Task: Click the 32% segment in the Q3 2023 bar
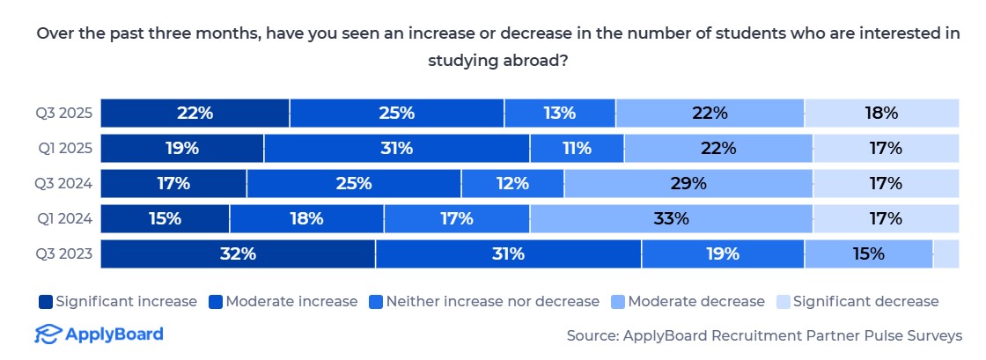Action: coord(238,253)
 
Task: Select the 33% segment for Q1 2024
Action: coord(671,218)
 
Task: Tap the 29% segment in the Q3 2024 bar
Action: coord(688,183)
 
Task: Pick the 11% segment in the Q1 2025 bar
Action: coord(577,148)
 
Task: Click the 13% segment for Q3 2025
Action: coord(560,113)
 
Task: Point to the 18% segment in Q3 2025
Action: coord(881,113)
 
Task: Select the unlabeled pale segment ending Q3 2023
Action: coord(946,253)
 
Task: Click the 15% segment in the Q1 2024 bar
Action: coord(165,218)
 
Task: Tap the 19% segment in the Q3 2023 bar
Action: coord(723,253)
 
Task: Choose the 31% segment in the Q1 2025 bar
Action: coord(396,148)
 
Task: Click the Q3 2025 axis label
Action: coord(64,113)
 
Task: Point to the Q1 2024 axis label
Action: coord(64,218)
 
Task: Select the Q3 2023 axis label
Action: coord(64,253)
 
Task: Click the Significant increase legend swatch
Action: coord(45,302)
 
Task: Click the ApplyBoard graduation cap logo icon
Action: coord(48,334)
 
